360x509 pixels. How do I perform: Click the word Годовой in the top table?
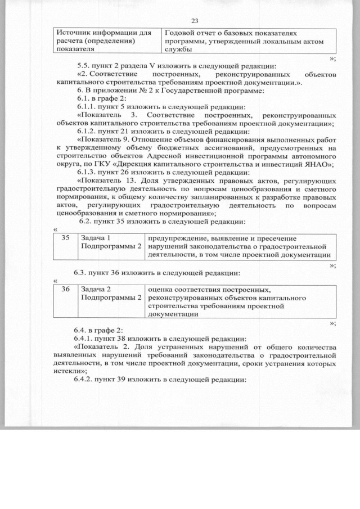(178, 33)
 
